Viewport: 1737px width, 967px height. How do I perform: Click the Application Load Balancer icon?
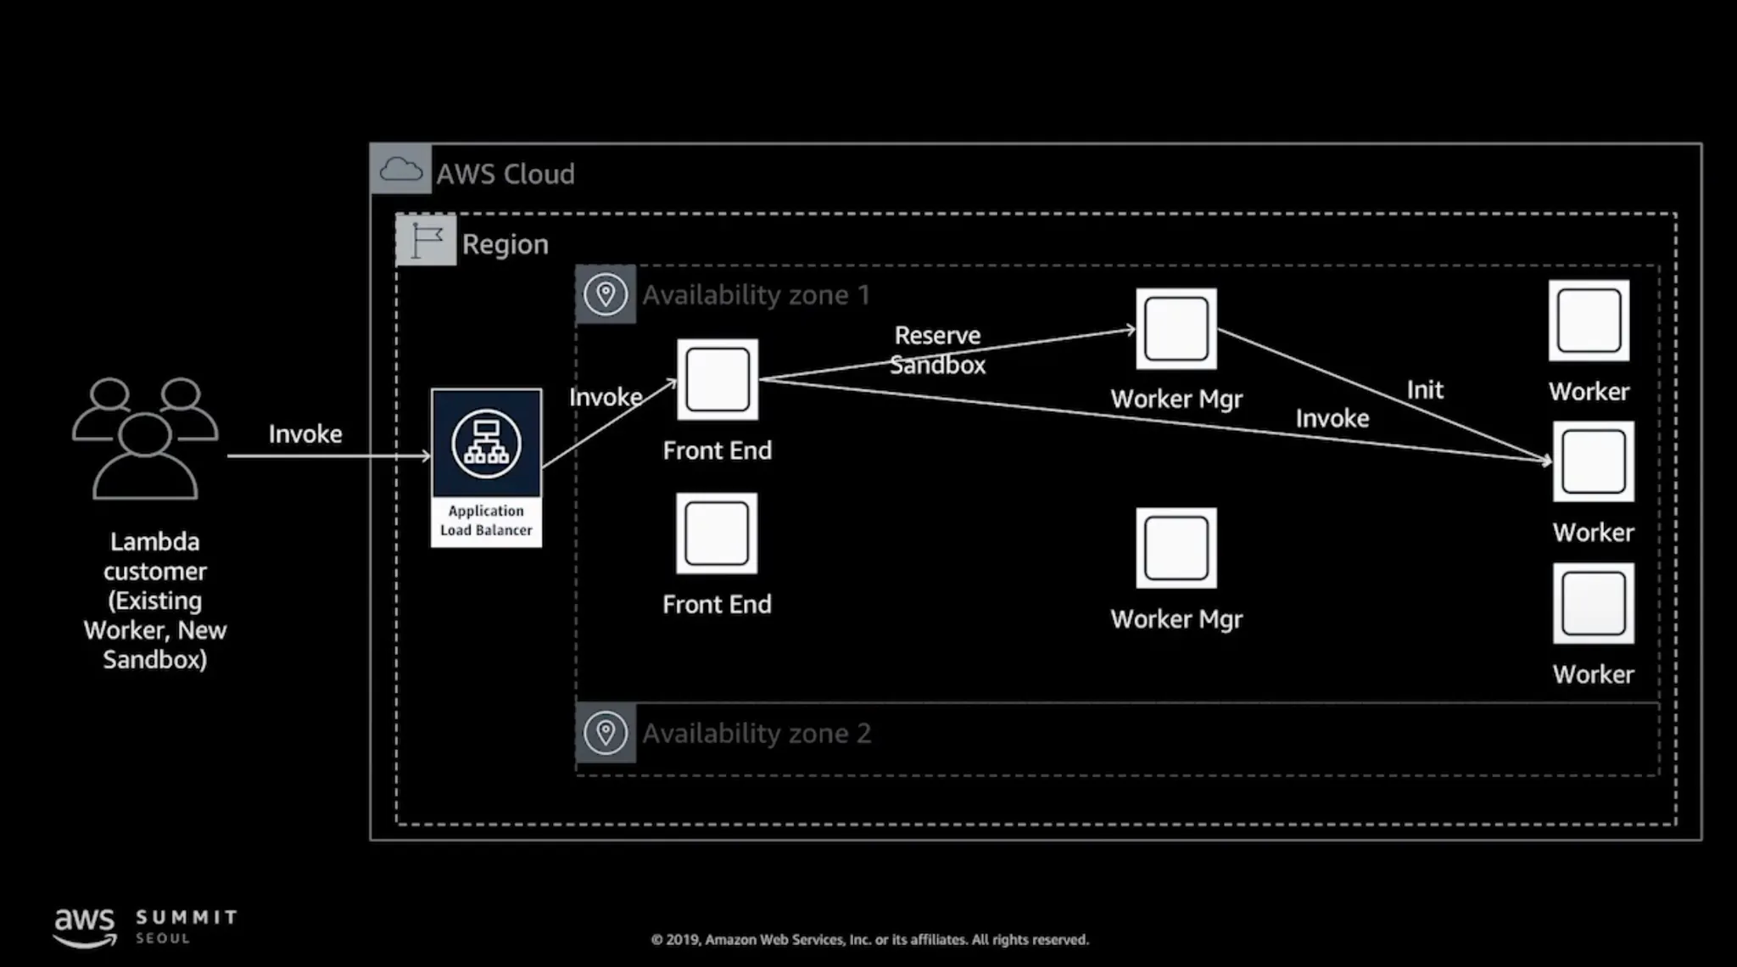(486, 444)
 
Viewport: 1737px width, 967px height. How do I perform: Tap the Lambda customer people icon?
(145, 438)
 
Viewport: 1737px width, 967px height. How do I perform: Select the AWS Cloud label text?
(505, 174)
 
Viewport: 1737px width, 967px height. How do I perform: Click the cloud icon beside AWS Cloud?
(400, 170)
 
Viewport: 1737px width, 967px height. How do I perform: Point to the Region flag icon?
(426, 240)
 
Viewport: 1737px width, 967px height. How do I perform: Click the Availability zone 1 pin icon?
(606, 294)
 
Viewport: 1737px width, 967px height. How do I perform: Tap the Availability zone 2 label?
(757, 733)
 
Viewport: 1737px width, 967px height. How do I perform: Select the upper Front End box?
(718, 379)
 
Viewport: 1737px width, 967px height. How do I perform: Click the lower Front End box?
(717, 534)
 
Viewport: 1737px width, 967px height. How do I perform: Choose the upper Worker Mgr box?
(1176, 329)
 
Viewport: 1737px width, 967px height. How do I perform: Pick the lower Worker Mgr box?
(1176, 548)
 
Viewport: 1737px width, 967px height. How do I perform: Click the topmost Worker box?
(1589, 321)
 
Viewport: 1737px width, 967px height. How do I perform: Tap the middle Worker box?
(1593, 461)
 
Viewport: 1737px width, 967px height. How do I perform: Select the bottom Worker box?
(1593, 603)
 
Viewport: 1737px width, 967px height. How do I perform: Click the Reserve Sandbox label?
(937, 350)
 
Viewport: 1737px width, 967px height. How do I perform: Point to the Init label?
(1425, 389)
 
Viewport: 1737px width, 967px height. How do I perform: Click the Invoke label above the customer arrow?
(305, 434)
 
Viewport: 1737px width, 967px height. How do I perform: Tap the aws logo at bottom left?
(84, 925)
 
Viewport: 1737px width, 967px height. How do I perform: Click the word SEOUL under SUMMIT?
(163, 939)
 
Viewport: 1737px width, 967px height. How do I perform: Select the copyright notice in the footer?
(869, 940)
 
